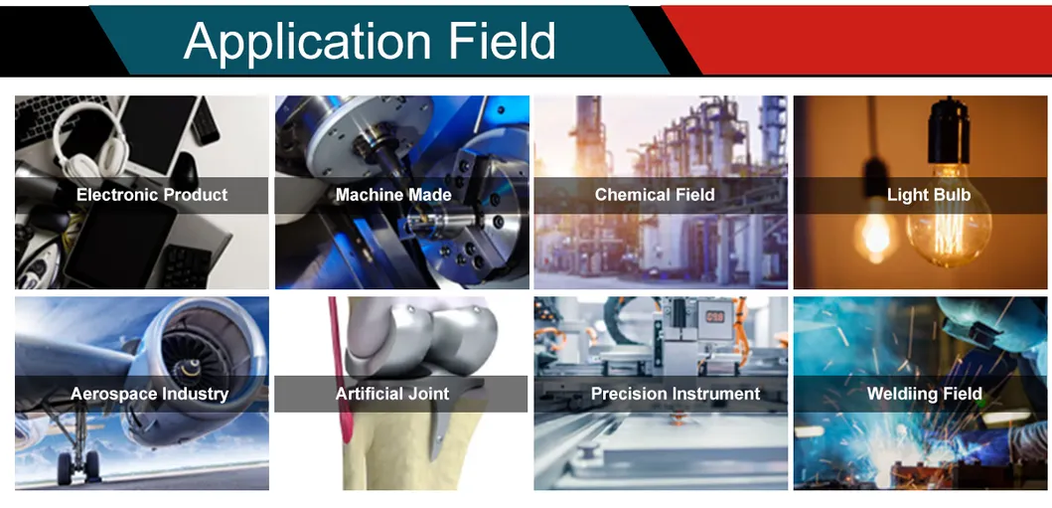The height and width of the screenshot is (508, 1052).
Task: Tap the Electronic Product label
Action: [152, 195]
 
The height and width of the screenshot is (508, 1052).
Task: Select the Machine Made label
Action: [393, 195]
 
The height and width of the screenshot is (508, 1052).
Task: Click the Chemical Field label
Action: [655, 195]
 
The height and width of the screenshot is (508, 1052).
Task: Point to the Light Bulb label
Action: [928, 195]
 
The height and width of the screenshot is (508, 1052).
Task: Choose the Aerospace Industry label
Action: [149, 394]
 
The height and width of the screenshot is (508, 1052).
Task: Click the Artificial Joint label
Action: [392, 394]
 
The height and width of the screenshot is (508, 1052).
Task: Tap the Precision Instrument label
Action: [676, 394]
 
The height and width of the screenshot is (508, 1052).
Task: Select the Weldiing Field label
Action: [924, 394]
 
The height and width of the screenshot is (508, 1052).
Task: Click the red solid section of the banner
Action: [864, 38]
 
